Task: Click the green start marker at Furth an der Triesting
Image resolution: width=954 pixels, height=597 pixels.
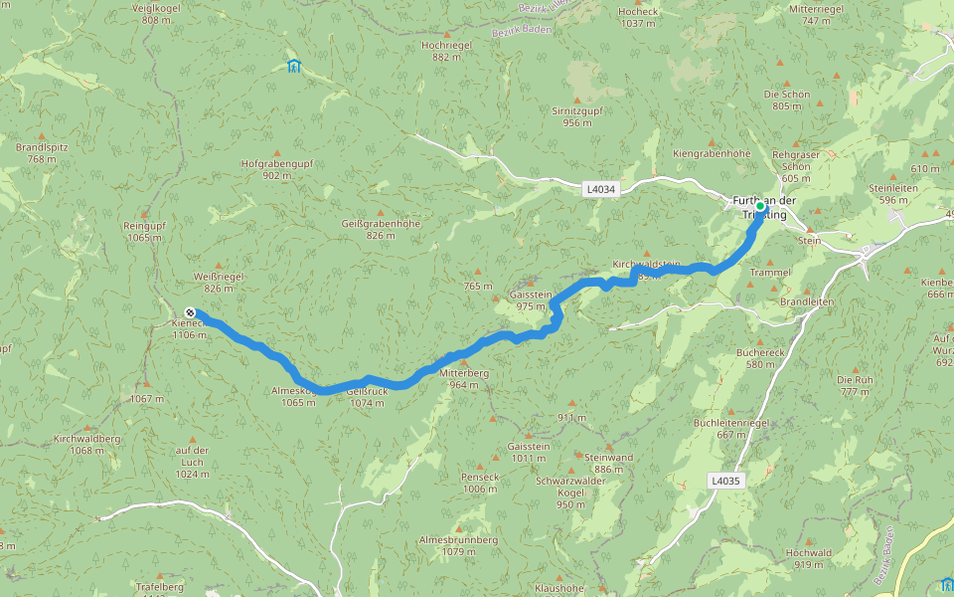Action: (760, 207)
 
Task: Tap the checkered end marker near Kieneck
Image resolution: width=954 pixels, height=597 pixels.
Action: (190, 312)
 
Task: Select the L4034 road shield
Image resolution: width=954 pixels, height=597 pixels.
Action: (600, 188)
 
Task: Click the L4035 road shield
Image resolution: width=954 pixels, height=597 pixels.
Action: (726, 481)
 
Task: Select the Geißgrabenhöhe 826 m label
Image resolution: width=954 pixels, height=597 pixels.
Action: (381, 229)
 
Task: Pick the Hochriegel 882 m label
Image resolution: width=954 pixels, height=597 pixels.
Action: (447, 52)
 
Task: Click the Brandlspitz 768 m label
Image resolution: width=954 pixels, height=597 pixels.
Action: (42, 152)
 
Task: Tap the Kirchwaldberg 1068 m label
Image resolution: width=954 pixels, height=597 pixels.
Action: (86, 444)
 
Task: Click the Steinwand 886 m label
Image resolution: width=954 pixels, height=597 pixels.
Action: (608, 463)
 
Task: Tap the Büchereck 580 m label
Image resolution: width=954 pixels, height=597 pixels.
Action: (760, 358)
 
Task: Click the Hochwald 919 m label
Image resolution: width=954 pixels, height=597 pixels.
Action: (808, 558)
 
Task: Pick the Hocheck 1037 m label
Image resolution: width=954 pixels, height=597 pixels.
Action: (638, 18)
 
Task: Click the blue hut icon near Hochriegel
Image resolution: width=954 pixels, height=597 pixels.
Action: (293, 67)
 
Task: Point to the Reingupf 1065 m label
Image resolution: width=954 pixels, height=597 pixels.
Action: (144, 232)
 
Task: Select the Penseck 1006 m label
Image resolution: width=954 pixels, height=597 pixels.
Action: (479, 483)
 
